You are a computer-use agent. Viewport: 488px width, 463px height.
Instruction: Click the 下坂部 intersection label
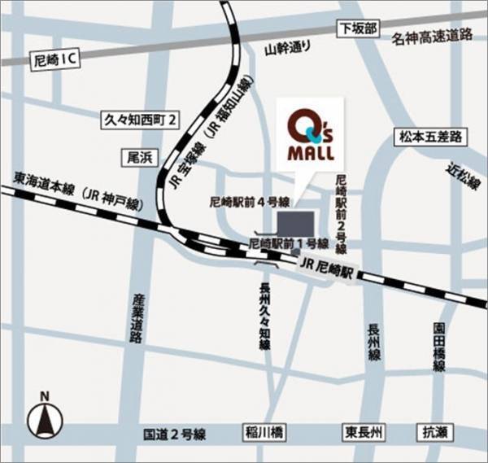(359, 28)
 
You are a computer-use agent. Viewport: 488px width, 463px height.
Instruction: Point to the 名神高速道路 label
(431, 35)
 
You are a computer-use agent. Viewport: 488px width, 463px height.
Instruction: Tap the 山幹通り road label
(289, 47)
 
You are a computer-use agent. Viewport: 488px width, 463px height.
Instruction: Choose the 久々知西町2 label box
(141, 119)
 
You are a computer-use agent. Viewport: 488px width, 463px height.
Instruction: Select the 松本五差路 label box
(432, 136)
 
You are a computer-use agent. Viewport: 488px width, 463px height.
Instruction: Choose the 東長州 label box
(364, 432)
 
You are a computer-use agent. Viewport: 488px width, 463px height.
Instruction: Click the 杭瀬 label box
(432, 432)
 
